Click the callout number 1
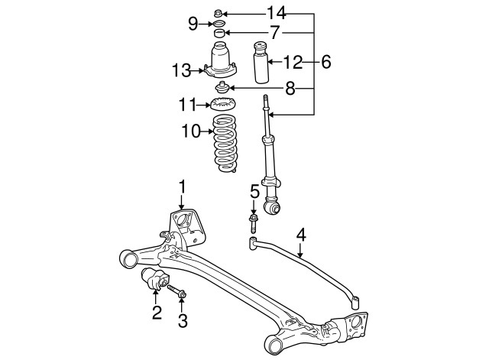(x=183, y=186)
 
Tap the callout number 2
(x=157, y=312)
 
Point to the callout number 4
(x=302, y=235)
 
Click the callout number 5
(x=254, y=191)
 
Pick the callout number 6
(x=326, y=62)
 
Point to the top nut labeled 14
(x=219, y=12)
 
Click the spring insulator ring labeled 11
(x=222, y=104)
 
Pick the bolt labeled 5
(x=254, y=222)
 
